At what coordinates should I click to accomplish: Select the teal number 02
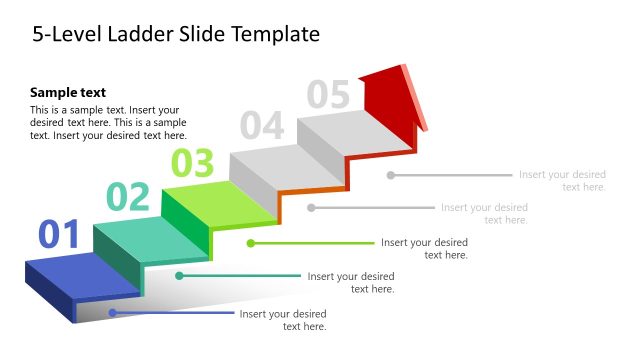[x=128, y=197]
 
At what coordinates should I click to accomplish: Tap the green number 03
[x=193, y=161]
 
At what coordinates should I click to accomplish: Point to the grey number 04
[x=262, y=125]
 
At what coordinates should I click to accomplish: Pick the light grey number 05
[x=328, y=93]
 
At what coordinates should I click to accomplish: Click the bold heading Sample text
[x=68, y=92]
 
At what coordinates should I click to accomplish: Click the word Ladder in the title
[x=161, y=34]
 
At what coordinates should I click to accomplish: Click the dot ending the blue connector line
[x=112, y=313]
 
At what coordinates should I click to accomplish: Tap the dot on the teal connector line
[x=180, y=275]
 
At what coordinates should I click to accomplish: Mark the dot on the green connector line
[x=250, y=242]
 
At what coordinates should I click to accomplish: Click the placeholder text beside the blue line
[x=283, y=320]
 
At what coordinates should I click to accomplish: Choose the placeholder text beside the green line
[x=424, y=248]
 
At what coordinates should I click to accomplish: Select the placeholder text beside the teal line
[x=351, y=282]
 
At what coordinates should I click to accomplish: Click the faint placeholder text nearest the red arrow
[x=562, y=180]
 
